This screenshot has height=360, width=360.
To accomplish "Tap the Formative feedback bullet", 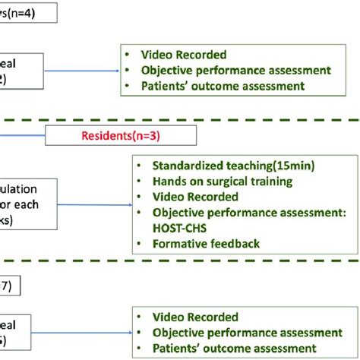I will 206,244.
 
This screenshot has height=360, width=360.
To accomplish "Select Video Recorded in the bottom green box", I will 195,317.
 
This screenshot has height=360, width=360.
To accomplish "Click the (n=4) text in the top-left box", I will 20,12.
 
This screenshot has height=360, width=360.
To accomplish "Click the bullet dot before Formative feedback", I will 140,244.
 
